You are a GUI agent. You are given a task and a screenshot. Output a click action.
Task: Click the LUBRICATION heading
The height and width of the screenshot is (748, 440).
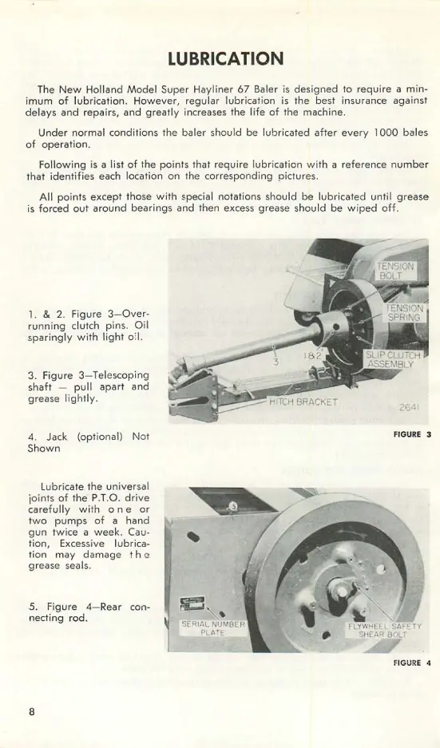click(226, 59)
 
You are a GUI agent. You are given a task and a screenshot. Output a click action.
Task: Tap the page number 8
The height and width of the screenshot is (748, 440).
click(31, 712)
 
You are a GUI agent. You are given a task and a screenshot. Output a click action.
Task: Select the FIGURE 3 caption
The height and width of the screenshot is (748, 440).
click(412, 434)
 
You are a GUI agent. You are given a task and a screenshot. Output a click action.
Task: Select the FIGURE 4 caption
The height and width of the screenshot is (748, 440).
click(412, 663)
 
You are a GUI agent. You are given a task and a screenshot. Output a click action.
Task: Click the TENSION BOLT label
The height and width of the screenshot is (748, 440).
click(395, 271)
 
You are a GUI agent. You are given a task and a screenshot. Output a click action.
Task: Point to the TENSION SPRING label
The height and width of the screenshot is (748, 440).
click(405, 313)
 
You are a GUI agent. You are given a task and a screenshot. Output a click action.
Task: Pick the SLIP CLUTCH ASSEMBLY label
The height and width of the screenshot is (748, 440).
click(393, 360)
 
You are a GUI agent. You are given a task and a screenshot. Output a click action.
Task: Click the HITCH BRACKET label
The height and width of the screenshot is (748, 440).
click(303, 402)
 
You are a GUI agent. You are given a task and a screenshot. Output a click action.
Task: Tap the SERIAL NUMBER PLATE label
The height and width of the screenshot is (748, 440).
click(213, 628)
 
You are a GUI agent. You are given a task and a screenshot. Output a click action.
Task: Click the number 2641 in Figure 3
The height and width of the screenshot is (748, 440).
click(409, 408)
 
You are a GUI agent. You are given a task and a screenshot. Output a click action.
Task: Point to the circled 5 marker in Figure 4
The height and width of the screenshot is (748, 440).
click(233, 506)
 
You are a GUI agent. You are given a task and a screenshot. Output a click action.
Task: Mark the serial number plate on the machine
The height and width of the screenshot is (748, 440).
click(191, 604)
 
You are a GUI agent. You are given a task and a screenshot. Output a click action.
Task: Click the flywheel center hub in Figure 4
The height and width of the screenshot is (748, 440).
click(342, 592)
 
